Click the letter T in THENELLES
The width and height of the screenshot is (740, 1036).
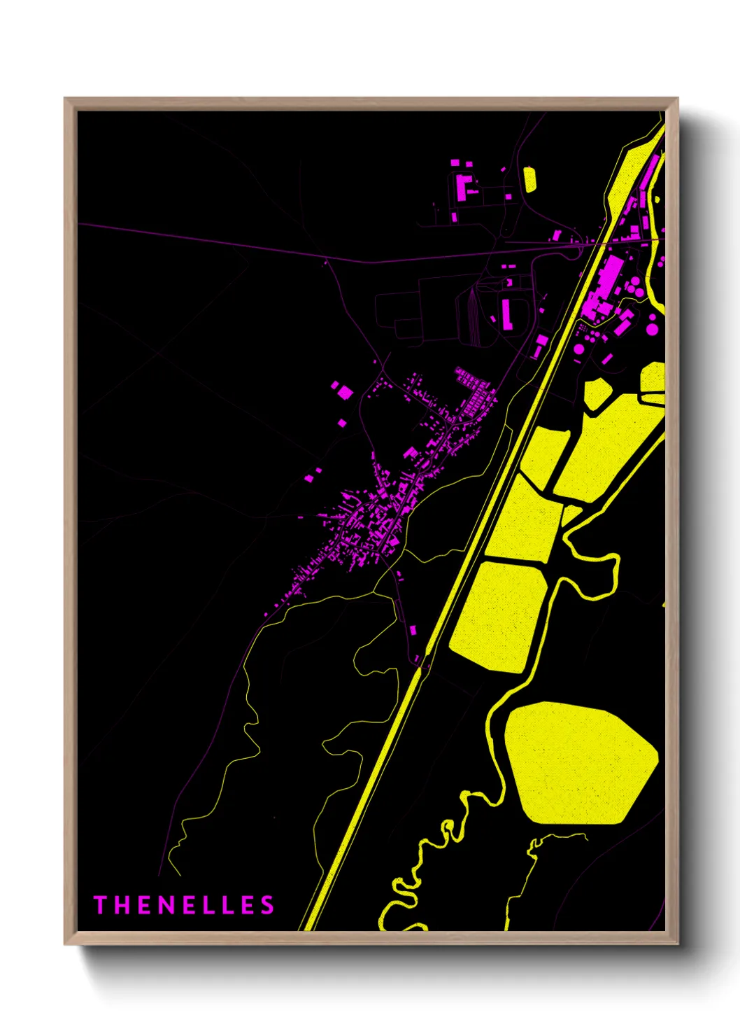coord(99,905)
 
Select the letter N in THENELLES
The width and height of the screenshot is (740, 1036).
coord(165,905)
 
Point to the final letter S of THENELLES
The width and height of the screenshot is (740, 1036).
coord(267,905)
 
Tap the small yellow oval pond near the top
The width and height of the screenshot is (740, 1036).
coord(529,179)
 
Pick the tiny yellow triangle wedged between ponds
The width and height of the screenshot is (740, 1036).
coord(571,515)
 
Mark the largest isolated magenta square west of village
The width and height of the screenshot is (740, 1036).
coord(343,391)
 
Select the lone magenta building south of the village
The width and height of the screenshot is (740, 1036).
coord(413,630)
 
